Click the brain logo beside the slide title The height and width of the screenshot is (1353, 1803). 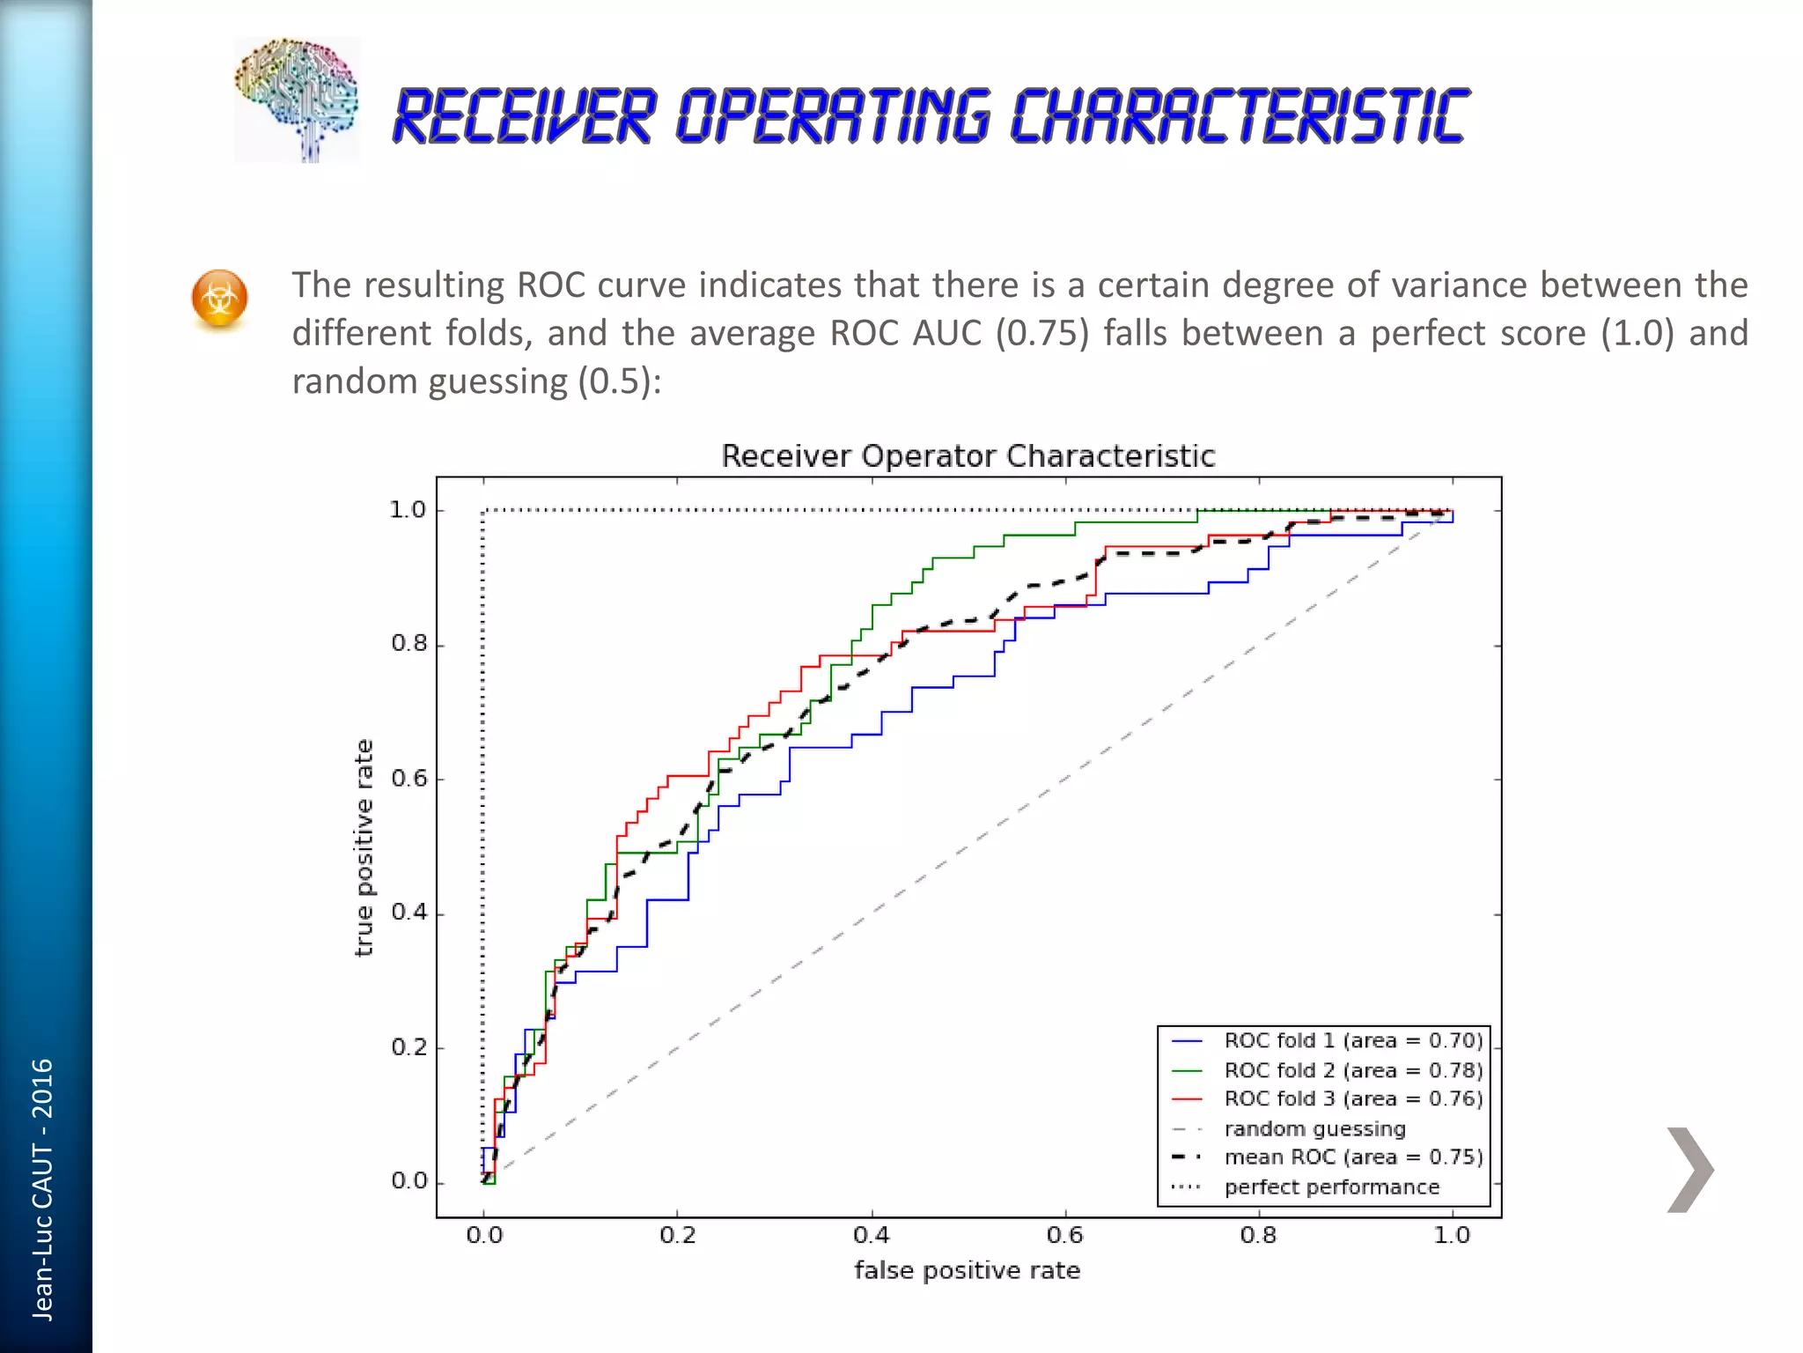click(297, 100)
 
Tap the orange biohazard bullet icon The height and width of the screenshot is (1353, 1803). click(219, 299)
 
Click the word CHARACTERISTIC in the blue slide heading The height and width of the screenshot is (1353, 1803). click(1240, 116)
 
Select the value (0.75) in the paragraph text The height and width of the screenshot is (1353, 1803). click(1042, 334)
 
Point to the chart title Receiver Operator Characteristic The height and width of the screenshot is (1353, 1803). click(968, 456)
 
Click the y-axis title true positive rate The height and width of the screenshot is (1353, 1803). click(364, 847)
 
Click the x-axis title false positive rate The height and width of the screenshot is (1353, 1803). click(967, 1270)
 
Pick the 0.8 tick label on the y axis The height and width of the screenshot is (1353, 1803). click(408, 644)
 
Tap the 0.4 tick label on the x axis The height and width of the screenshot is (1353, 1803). click(871, 1235)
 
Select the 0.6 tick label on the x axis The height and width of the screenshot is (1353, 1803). click(1064, 1235)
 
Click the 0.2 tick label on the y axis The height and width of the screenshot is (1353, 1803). click(408, 1047)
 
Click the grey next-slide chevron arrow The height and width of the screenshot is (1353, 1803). click(1689, 1170)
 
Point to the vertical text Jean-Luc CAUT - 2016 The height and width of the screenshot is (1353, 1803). click(42, 1189)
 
